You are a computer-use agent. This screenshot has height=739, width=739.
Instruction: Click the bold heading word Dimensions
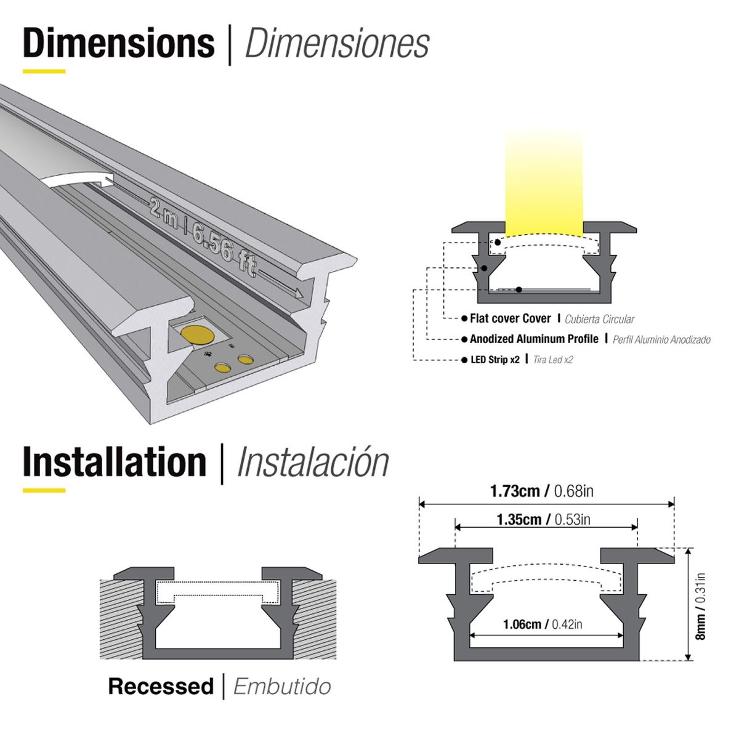119,43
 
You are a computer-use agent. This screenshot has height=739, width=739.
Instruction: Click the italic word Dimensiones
337,44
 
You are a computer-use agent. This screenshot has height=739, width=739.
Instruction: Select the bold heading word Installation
115,462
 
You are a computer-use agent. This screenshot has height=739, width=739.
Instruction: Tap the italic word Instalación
313,463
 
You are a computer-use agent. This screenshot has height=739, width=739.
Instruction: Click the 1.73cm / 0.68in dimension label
542,491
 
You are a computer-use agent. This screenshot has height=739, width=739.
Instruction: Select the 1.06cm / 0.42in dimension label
543,624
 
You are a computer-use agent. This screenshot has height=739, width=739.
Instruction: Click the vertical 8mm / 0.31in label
700,607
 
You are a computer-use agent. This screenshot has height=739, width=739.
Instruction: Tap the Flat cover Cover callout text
510,318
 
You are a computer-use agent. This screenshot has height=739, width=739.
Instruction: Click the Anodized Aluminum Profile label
533,339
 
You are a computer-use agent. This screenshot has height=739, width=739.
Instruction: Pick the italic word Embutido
282,687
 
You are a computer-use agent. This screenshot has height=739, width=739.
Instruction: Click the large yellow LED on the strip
196,335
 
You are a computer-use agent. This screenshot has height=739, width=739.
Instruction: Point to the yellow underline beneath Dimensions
44,71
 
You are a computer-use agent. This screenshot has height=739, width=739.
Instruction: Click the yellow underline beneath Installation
44,490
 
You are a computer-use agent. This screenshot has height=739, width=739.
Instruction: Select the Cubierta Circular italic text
599,319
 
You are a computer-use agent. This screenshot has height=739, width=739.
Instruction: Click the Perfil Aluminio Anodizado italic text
661,339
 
